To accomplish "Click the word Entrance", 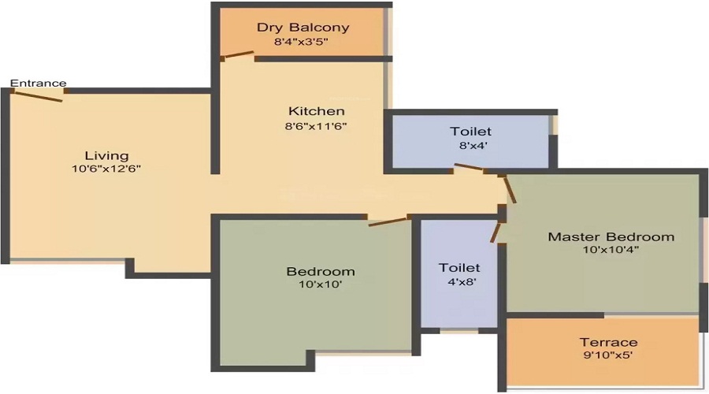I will (38, 84).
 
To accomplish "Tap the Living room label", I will (106, 155).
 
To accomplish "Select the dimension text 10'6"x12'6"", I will (106, 169).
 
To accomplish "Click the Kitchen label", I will (316, 111).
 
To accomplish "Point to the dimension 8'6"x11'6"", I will (316, 125).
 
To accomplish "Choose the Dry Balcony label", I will (303, 28).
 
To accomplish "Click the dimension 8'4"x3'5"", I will (303, 42).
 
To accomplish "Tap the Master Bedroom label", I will (611, 236).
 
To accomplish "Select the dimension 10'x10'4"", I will (611, 250).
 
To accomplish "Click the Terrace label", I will (608, 342).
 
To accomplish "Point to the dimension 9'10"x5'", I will (608, 355).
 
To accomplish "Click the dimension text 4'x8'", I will (459, 281).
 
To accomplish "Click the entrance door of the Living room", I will (38, 95).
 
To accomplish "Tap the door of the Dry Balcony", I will (237, 56).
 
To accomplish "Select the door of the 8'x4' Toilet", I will (470, 168).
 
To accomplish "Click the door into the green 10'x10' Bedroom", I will (388, 221).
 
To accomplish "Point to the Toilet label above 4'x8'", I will (459, 268).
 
